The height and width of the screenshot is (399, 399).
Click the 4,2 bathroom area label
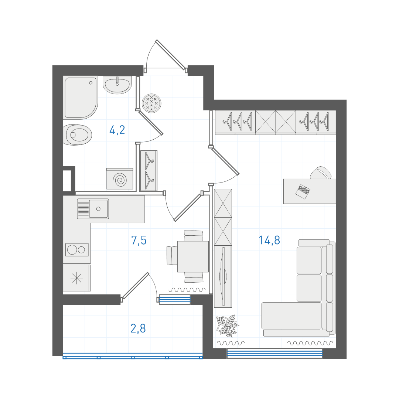pos(117,130)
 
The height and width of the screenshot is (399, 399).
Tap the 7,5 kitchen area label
pos(139,240)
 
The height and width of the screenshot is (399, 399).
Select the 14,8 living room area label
pos(269,240)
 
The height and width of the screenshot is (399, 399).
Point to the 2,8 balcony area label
pos(138,328)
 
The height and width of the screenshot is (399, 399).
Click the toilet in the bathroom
pos(77,134)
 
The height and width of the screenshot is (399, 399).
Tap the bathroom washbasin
pos(117,85)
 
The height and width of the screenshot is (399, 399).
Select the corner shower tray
pos(81,98)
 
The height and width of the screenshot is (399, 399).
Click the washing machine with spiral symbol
pos(120,179)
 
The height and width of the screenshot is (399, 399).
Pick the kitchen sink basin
pos(99,209)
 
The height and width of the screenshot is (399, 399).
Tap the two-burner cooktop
pos(77,250)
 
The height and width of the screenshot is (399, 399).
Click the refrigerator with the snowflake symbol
pos(76,278)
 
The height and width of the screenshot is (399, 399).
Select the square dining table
pos(193,256)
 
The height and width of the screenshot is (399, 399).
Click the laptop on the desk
pos(303,192)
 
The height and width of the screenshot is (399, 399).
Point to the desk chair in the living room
pos(321,173)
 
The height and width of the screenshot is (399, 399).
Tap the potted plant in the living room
pos(227,326)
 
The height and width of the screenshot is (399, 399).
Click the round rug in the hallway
pos(152,103)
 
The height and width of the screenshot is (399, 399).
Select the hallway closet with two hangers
pos(149,170)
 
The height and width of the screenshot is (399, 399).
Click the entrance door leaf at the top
pos(170,54)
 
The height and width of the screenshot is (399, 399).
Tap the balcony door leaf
pos(135,286)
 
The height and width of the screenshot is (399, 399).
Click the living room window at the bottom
pos(275,354)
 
